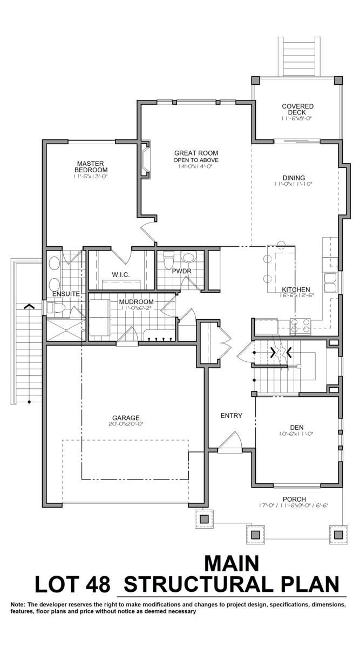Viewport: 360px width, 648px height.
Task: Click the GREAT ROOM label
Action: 196,153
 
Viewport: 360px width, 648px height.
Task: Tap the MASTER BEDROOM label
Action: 91,167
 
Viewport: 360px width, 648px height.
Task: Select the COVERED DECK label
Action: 297,109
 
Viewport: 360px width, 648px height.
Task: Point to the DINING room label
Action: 294,178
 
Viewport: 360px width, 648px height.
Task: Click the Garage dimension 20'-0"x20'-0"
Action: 126,424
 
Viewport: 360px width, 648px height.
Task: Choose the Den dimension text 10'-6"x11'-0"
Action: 296,434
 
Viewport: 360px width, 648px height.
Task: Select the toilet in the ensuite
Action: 55,308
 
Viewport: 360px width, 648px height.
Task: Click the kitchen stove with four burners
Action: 301,326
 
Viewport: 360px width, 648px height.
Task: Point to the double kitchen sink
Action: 330,282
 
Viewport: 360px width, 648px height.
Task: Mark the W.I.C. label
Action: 120,274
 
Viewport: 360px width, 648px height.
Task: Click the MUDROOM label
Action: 136,302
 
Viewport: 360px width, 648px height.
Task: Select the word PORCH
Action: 294,499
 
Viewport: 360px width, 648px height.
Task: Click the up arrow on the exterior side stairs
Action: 29,306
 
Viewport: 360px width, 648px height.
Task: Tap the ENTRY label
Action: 232,416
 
